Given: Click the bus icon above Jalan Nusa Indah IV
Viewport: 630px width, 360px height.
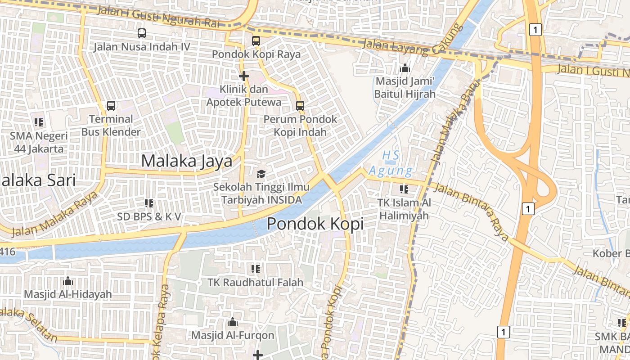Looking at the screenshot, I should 142,33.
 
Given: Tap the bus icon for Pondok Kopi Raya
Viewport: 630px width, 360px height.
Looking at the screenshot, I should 256,40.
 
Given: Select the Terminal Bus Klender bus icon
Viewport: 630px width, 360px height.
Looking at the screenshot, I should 111,106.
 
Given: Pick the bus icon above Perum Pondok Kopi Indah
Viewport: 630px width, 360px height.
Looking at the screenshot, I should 300,106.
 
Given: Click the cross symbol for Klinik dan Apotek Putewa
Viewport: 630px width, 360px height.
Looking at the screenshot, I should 244,76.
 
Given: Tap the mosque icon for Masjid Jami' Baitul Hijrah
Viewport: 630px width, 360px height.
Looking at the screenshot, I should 405,68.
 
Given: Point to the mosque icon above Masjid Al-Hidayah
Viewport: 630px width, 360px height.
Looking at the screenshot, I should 68,281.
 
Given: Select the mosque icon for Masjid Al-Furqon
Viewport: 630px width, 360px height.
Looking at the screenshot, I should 233,322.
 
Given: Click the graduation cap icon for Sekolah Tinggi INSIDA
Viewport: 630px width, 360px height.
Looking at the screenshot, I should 261,174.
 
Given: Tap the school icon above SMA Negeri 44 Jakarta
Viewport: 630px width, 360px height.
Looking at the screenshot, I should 39,122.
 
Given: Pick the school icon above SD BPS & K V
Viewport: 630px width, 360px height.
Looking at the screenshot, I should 149,203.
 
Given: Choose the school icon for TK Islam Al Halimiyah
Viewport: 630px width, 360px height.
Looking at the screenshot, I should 404,189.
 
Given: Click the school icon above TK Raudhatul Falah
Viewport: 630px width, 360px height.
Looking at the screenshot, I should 256,269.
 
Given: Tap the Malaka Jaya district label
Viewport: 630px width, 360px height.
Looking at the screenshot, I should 187,161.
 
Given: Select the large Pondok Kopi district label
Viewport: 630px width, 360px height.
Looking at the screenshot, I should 315,224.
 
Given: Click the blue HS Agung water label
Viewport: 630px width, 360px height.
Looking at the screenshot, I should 390,163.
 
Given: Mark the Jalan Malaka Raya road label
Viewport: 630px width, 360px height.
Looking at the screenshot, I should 54,215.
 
